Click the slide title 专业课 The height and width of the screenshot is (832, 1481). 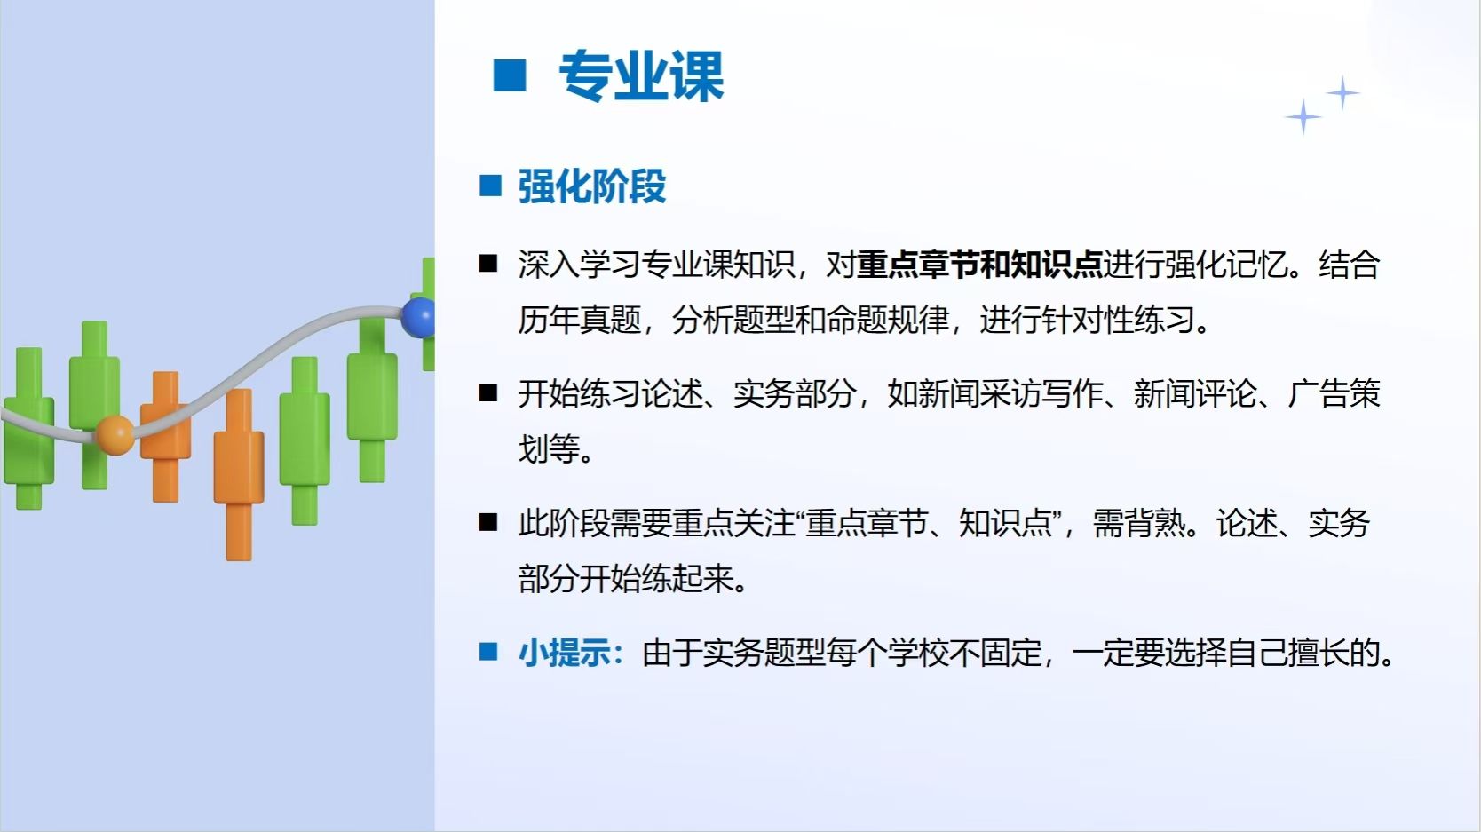point(641,76)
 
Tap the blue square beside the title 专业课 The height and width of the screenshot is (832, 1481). point(509,75)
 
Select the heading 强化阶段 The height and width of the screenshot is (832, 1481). point(591,186)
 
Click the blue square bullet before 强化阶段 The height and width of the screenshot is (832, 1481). point(490,186)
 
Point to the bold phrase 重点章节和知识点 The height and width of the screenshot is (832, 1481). point(979,265)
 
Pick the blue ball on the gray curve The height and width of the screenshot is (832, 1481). point(419,318)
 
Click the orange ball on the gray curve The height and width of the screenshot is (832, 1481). point(115,435)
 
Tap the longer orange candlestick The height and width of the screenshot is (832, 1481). point(239,474)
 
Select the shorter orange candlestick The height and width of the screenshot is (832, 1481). point(165,437)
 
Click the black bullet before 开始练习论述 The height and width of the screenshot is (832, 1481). point(488,392)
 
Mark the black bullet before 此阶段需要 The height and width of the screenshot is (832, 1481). point(488,522)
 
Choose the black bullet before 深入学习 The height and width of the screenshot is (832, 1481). point(488,264)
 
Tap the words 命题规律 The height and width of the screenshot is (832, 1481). point(887,320)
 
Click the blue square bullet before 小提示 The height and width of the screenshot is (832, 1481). point(488,652)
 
